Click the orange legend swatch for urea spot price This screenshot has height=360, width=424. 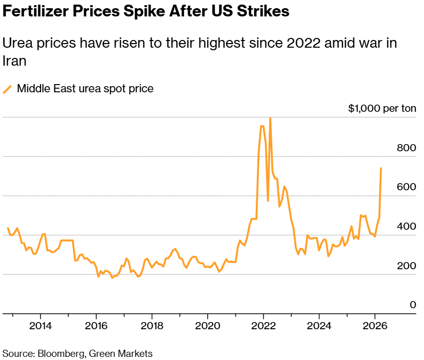8,89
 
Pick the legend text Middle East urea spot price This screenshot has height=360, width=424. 85,89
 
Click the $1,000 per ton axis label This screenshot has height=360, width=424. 382,109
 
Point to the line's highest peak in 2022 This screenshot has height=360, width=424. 270,118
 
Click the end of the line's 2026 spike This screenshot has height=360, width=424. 380,168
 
